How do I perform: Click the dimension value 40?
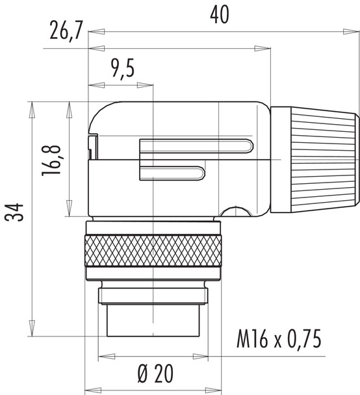(x=220, y=16)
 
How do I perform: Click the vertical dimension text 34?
(x=16, y=215)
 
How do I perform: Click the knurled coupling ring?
(x=152, y=251)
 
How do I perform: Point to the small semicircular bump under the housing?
(x=235, y=211)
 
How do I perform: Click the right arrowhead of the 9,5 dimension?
(x=151, y=83)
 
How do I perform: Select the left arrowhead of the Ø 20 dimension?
(x=101, y=358)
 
